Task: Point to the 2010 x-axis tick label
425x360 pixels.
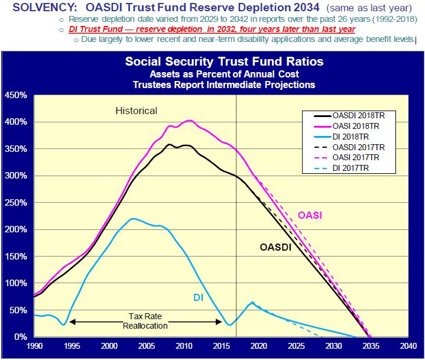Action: (x=184, y=346)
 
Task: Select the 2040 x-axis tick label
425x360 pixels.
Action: (x=408, y=346)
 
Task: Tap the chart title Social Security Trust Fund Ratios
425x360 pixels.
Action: (x=224, y=62)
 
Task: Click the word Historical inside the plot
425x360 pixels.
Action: (x=136, y=111)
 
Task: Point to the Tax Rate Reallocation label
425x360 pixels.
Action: (x=145, y=321)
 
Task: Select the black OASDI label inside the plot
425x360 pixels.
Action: (x=276, y=247)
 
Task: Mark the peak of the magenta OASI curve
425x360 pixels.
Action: (x=189, y=121)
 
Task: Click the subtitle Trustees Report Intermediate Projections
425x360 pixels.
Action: (x=224, y=85)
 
